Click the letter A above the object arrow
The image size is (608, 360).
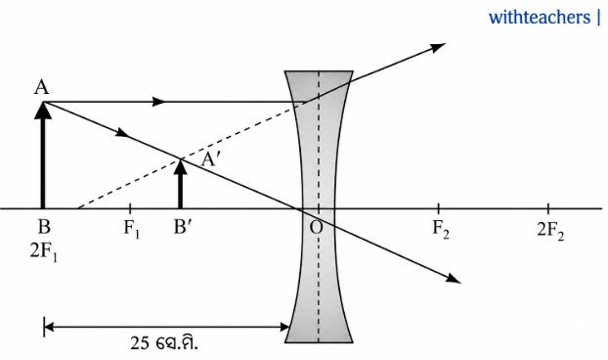[x=41, y=87]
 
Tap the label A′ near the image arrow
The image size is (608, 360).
[x=210, y=158]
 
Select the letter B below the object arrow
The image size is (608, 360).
[x=44, y=227]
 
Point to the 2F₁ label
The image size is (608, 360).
[x=43, y=252]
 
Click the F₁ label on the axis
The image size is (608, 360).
[x=131, y=228]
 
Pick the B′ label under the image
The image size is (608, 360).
[x=183, y=227]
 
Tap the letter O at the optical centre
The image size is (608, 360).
[x=316, y=227]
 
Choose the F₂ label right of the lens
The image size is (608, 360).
[x=441, y=228]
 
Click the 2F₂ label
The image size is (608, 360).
[x=550, y=231]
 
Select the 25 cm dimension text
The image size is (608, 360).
[x=163, y=343]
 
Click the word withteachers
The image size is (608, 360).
[x=539, y=18]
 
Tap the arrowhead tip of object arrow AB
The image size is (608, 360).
[x=43, y=102]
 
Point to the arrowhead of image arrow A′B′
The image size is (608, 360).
[x=180, y=159]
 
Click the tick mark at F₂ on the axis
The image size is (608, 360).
[x=438, y=208]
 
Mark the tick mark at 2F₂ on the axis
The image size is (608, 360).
[x=548, y=208]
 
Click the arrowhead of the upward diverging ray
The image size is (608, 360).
[x=439, y=47]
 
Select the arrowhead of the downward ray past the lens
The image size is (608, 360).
[x=453, y=278]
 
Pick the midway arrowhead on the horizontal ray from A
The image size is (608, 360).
[x=158, y=102]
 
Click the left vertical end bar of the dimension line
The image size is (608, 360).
[x=45, y=327]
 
